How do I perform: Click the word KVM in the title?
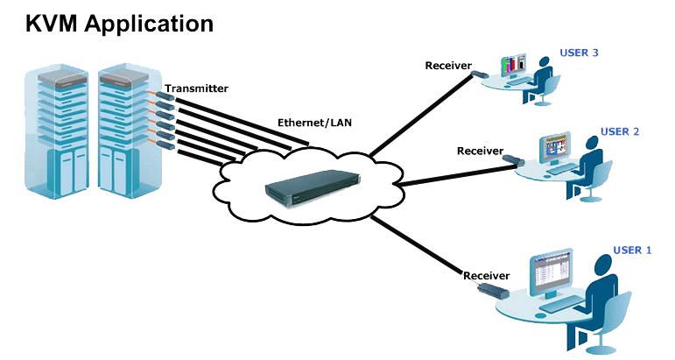[53, 23]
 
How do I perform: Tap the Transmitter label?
[196, 88]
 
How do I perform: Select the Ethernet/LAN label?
[314, 123]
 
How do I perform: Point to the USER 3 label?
[579, 53]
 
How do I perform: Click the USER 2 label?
[620, 131]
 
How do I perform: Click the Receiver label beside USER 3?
[448, 66]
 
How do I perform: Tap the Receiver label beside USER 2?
[480, 151]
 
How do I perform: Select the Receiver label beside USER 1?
[486, 275]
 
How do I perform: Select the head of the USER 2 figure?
[600, 145]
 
